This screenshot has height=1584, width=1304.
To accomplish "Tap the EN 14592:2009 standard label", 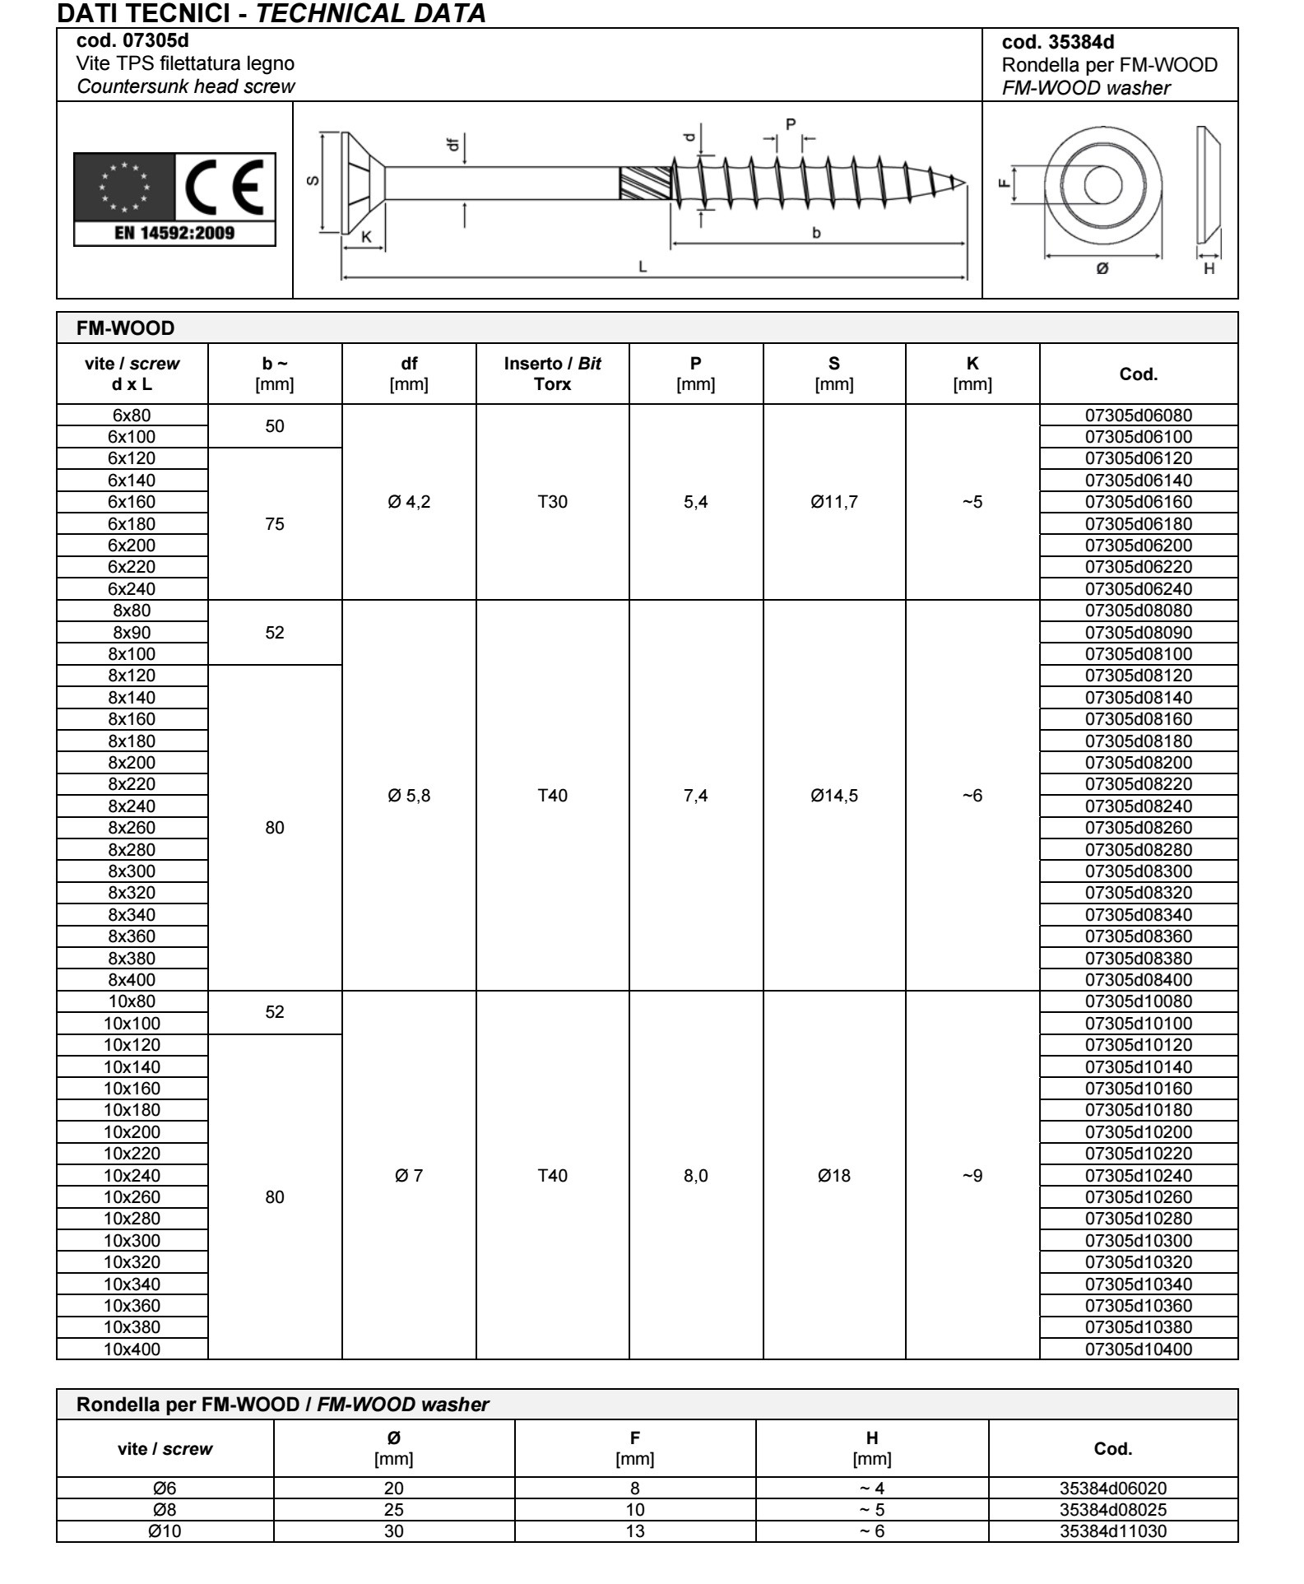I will tap(174, 233).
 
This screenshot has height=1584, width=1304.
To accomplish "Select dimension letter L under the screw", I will tap(643, 267).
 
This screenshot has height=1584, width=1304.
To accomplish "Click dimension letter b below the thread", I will tap(816, 233).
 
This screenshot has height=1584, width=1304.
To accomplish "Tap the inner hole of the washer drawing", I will tap(1102, 183).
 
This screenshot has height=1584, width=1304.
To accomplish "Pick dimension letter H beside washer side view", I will tap(1209, 269).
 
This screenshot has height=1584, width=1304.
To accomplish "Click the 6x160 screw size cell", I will tap(132, 502).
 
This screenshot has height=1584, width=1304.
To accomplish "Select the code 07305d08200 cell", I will tap(1139, 763).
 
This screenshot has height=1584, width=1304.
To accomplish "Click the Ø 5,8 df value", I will tap(409, 796).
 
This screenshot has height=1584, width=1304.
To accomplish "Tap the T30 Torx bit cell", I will tap(553, 502).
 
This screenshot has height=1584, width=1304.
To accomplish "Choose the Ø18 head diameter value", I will tap(834, 1176).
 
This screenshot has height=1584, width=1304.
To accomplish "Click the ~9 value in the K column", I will tap(972, 1176).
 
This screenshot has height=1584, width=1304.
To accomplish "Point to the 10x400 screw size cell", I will tap(132, 1349).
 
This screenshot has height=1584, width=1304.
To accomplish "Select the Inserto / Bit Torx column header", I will tap(553, 374).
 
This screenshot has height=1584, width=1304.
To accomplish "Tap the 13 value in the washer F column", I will tap(635, 1531).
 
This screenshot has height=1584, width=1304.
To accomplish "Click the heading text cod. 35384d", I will tap(1058, 43).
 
